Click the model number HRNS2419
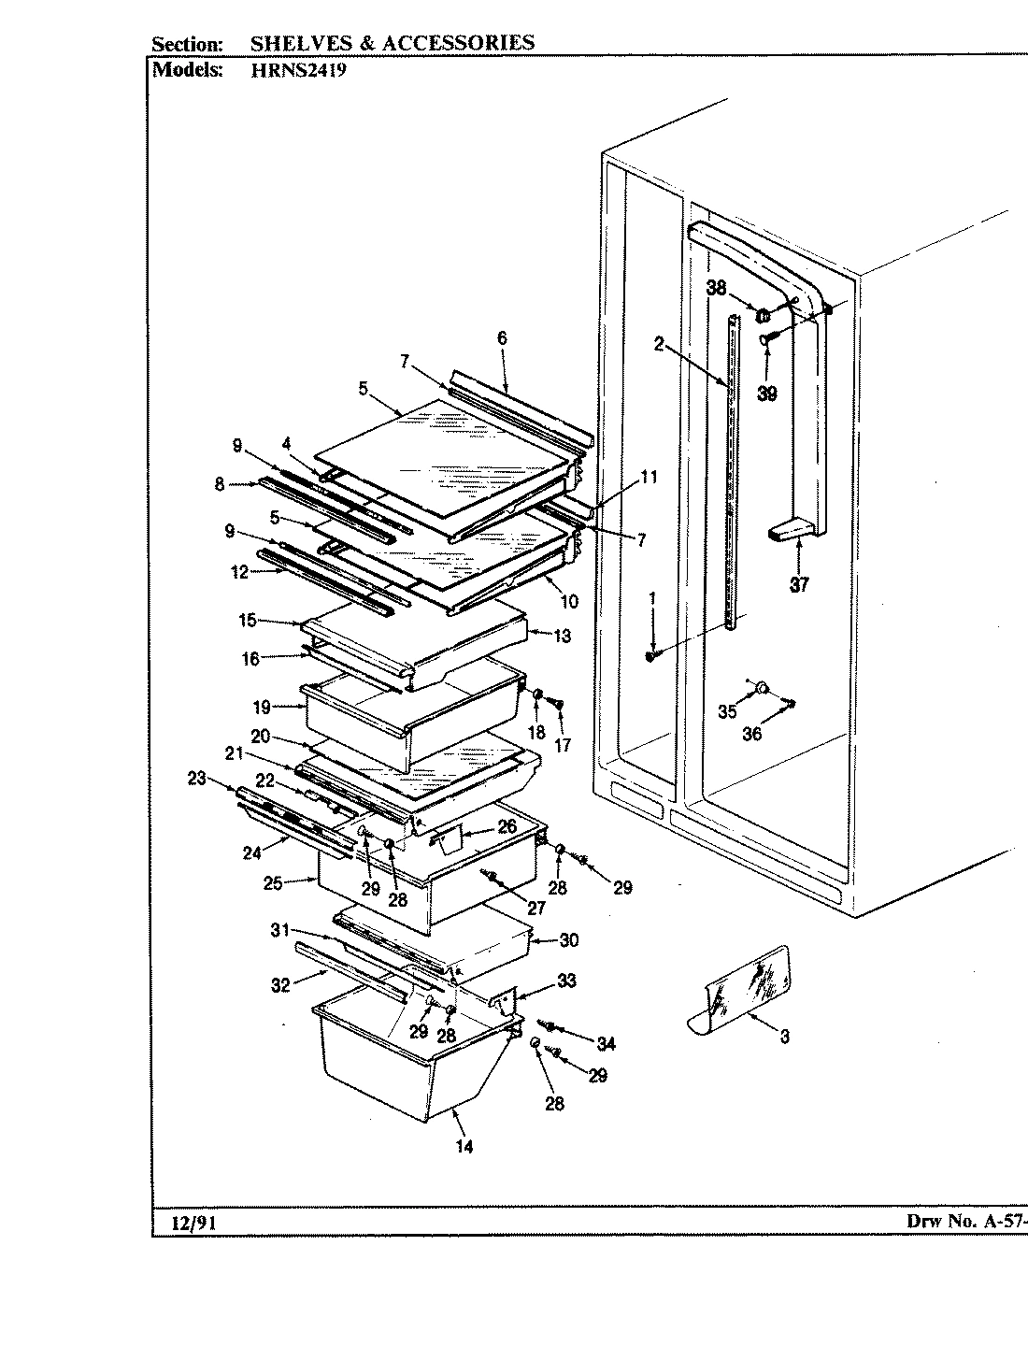298,70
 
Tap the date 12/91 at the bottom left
191,1223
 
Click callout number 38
717,290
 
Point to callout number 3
784,1037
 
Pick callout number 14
464,1147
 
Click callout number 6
502,338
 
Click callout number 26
507,826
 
